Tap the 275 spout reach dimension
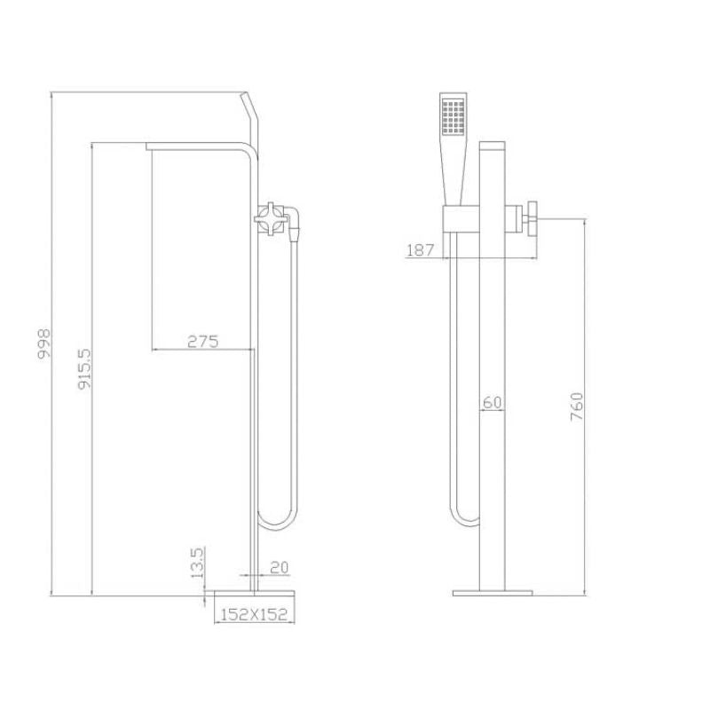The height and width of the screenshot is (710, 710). tap(203, 341)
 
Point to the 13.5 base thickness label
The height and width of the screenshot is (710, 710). tap(198, 562)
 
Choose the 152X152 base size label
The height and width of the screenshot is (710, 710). tap(253, 612)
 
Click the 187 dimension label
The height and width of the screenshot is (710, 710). tap(420, 250)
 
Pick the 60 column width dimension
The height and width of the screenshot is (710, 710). tap(492, 402)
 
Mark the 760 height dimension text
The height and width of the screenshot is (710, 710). tap(577, 406)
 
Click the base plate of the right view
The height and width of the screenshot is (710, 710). tap(492, 592)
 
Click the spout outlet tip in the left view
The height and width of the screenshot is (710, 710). tap(149, 146)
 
